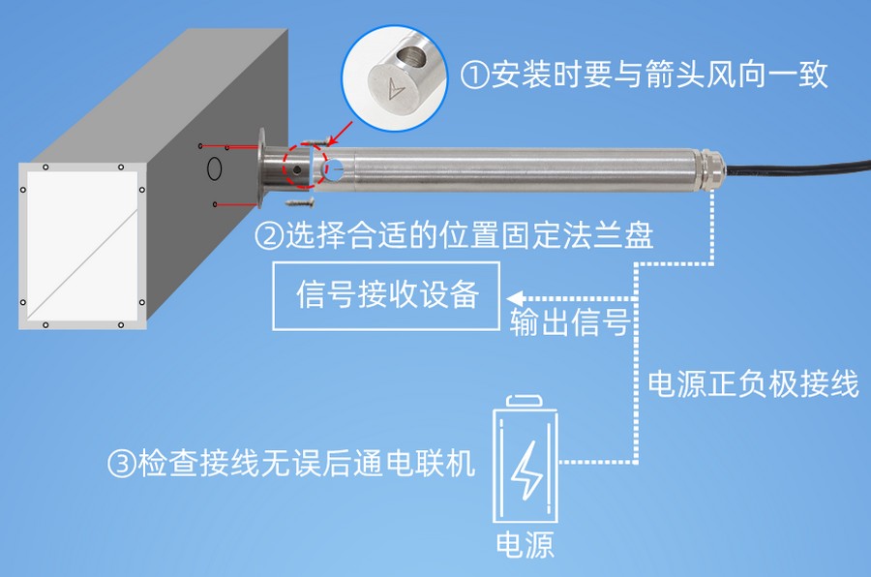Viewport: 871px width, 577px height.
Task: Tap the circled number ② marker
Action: [x=268, y=235]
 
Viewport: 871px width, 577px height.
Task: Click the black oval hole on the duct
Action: [x=214, y=168]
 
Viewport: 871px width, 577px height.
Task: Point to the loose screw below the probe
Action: [x=301, y=202]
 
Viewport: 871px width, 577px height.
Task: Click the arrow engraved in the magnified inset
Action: [x=394, y=89]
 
